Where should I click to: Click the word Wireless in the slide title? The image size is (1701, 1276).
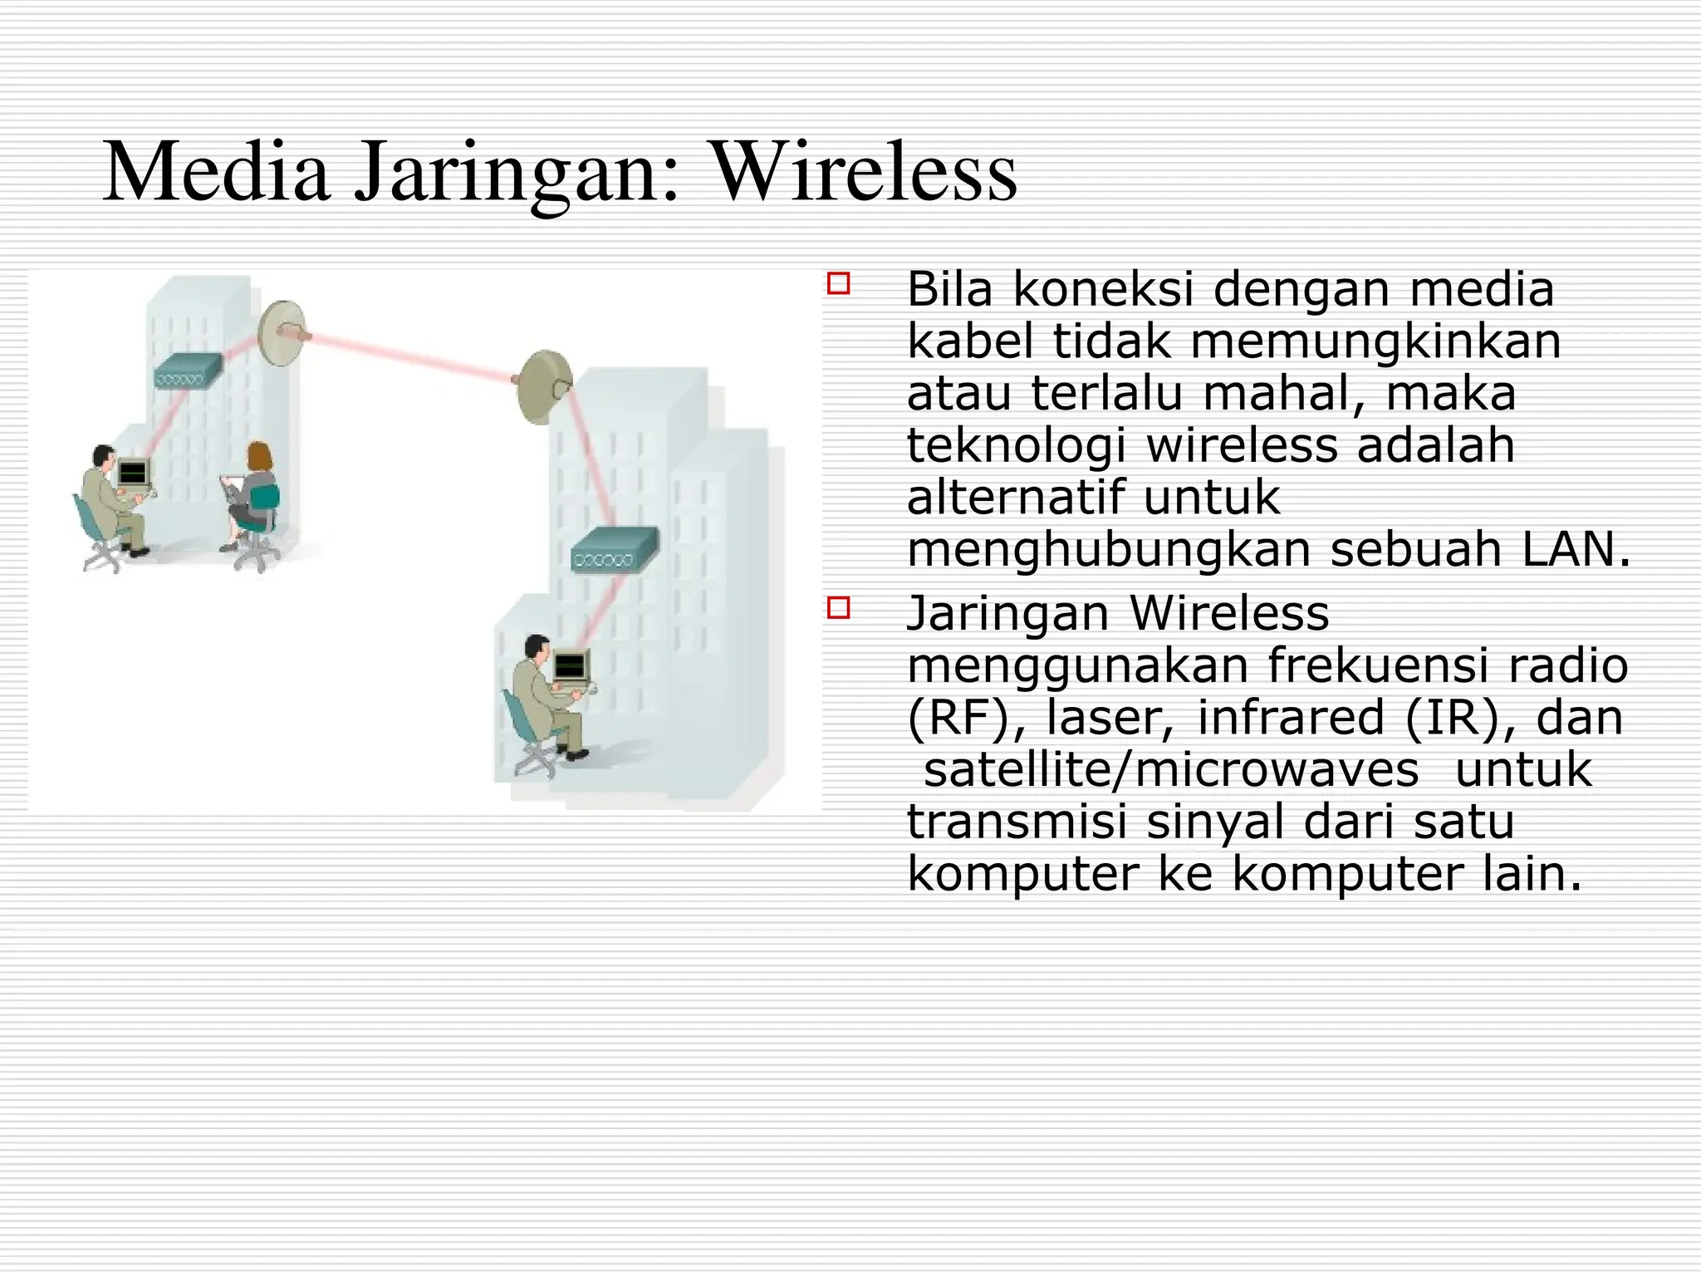tap(864, 173)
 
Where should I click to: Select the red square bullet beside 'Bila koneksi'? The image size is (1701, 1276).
tap(839, 283)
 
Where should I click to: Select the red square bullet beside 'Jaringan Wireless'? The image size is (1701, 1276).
tap(839, 608)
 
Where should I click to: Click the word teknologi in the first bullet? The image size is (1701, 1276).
tap(1016, 446)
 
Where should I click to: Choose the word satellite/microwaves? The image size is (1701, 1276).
tap(1171, 770)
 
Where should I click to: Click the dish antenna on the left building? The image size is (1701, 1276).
tap(281, 331)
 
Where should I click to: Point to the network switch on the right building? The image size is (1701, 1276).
tap(614, 549)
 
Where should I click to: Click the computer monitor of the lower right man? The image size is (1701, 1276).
tap(570, 665)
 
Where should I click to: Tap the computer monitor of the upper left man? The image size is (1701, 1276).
tap(132, 474)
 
